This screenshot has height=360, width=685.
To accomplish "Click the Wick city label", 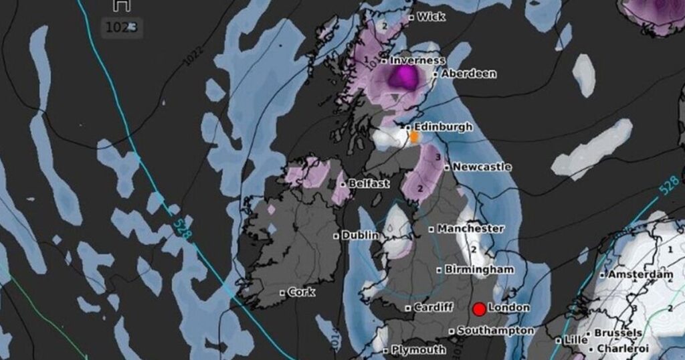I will click(x=431, y=17).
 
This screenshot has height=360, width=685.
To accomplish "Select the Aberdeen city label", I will click(x=469, y=74).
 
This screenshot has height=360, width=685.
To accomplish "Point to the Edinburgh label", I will click(x=443, y=126).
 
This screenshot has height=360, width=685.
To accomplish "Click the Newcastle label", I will click(x=482, y=167).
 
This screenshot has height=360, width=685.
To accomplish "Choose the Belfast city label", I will click(x=369, y=183).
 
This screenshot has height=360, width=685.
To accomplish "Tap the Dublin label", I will click(x=360, y=236).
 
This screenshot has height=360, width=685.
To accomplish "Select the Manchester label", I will click(x=471, y=228).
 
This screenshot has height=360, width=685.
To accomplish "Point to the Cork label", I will click(x=302, y=292).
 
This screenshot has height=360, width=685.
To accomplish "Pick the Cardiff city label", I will click(x=429, y=308).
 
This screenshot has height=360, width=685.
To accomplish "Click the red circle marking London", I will click(x=479, y=309).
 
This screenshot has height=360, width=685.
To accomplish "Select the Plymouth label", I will click(x=418, y=349).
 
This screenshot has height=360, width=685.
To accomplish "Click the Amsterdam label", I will click(x=640, y=274).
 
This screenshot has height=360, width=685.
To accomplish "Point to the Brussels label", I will click(x=619, y=333).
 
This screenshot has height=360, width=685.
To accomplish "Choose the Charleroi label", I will click(x=622, y=349).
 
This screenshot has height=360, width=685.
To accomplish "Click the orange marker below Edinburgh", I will click(x=414, y=137).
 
